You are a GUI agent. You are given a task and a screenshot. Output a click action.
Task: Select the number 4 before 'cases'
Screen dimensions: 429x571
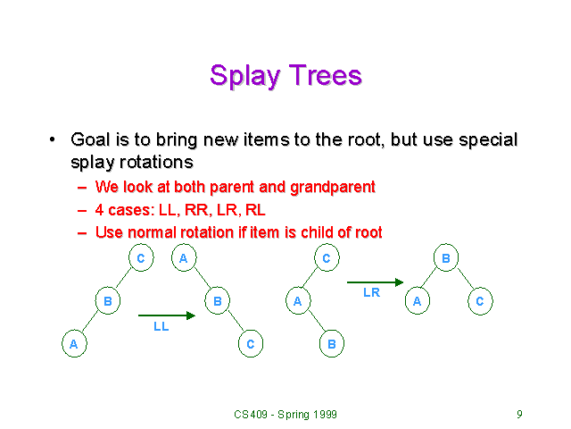pos(99,210)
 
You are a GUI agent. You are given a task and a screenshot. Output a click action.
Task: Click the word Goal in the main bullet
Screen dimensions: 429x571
pos(90,140)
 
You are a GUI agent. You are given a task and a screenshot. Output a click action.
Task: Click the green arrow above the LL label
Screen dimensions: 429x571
pos(166,315)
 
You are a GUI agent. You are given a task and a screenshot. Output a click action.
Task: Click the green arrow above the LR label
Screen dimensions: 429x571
pos(375,282)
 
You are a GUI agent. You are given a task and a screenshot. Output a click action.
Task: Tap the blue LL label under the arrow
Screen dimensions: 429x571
pos(161,327)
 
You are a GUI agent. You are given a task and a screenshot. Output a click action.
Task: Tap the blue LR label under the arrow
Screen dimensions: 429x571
pos(372,292)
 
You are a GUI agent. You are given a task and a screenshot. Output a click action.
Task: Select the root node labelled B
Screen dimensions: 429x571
pos(445,258)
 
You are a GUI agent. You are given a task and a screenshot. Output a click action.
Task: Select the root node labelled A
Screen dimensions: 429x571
pos(183,258)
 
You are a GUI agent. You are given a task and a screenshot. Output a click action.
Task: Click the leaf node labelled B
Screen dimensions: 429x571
pos(331,343)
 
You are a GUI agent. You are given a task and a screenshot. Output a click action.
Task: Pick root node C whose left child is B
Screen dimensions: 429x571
pos(141,258)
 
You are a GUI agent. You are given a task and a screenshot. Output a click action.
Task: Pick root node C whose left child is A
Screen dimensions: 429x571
pos(327,258)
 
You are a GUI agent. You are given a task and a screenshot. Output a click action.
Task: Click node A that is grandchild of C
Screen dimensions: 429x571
pos(72,343)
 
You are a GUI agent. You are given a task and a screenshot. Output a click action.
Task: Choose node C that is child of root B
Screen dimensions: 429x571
pos(479,301)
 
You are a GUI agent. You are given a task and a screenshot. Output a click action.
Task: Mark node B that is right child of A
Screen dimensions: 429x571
pos(217,301)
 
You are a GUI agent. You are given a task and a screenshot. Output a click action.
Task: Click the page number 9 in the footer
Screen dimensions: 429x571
pos(519,414)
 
